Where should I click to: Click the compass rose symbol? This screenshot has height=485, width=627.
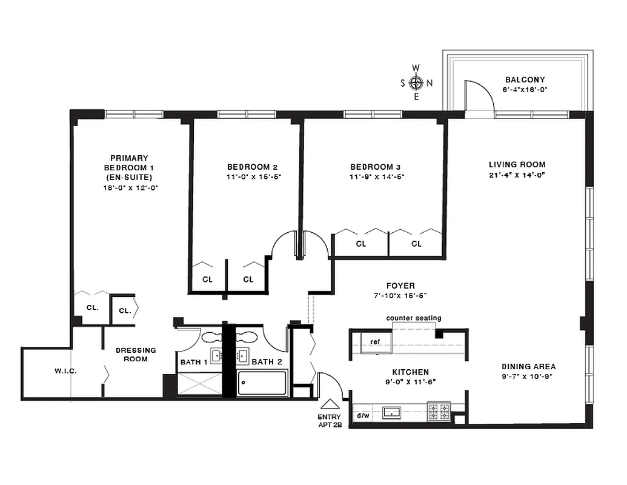pyautogui.click(x=416, y=82)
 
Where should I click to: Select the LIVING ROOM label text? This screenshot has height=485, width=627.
pyautogui.click(x=517, y=164)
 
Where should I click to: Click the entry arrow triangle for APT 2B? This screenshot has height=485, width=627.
pyautogui.click(x=330, y=404)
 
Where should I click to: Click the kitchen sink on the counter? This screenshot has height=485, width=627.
pyautogui.click(x=392, y=413)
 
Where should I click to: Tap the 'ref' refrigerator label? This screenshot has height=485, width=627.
pyautogui.click(x=375, y=341)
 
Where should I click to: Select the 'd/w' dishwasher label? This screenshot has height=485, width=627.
pyautogui.click(x=363, y=415)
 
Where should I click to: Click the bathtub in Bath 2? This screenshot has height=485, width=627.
pyautogui.click(x=262, y=383)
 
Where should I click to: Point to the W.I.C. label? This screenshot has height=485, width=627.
pyautogui.click(x=65, y=370)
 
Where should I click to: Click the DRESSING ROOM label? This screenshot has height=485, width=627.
pyautogui.click(x=136, y=354)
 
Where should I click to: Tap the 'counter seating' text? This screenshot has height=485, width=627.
pyautogui.click(x=414, y=318)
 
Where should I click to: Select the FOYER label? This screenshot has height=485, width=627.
pyautogui.click(x=400, y=286)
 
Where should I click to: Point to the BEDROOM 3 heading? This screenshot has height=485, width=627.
pyautogui.click(x=375, y=167)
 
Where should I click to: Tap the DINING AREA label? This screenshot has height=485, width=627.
pyautogui.click(x=528, y=366)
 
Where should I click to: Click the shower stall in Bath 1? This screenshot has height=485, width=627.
pyautogui.click(x=200, y=383)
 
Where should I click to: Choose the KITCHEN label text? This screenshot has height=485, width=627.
pyautogui.click(x=410, y=372)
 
